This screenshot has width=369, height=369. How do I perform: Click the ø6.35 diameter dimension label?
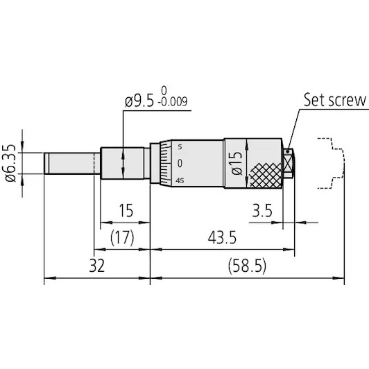coord(10,163)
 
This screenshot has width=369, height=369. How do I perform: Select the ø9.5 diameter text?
coord(139,102)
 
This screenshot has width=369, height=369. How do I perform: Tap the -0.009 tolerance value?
coord(173,102)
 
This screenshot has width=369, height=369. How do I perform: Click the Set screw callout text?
coord(335,100)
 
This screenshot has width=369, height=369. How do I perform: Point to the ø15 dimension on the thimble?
coord(237,163)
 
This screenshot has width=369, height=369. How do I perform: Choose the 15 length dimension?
coord(126,210)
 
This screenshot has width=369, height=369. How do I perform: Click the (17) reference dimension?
coord(122,237)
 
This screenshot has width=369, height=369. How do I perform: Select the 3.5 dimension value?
coord(262,210)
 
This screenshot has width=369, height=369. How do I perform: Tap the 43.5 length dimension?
coord(222,237)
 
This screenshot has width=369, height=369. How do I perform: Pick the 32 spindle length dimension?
coord(96,266)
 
